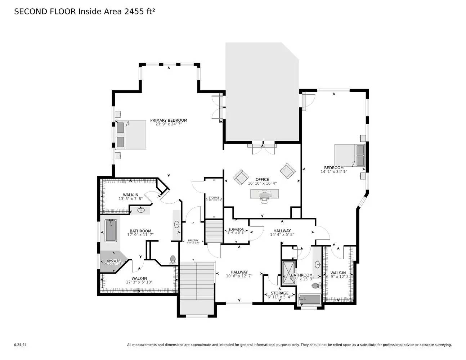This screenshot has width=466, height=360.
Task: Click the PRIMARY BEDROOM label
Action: (169, 120)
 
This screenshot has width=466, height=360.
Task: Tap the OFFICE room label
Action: (262, 179)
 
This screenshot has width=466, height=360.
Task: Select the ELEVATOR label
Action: (236, 230)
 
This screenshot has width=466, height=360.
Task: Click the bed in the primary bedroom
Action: (131, 135)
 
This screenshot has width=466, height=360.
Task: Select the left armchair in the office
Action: (240, 177)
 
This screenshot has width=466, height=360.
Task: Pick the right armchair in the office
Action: (288, 171)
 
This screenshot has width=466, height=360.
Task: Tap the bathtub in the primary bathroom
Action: (111, 230)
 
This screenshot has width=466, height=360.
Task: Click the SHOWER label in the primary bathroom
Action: (113, 261)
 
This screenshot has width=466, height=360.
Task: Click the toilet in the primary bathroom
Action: (173, 259)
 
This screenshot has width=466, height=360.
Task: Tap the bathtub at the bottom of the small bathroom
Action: (309, 299)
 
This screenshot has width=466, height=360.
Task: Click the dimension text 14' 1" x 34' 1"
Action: (333, 172)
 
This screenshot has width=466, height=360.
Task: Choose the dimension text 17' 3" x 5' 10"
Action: (139, 282)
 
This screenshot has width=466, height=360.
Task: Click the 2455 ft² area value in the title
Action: (140, 12)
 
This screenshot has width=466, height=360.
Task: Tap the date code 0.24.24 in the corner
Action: (20, 345)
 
